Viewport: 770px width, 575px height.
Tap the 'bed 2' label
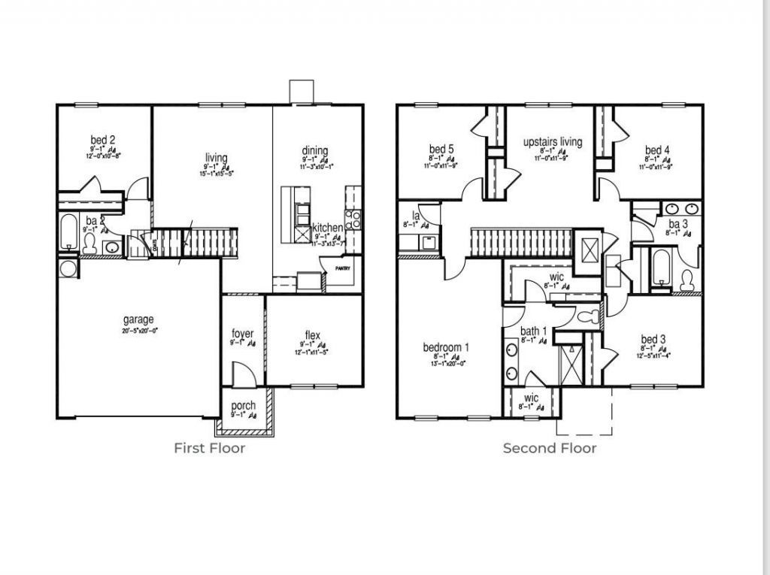pos(103,140)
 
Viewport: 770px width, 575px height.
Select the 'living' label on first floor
pos(216,158)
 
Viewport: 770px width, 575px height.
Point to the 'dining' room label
pos(315,151)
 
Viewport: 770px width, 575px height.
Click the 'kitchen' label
pos(328,228)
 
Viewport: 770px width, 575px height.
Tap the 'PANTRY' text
pos(343,267)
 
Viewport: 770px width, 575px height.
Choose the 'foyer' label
pos(242,334)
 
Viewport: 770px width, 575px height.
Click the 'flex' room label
pos(313,334)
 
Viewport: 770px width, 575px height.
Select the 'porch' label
pos(243,406)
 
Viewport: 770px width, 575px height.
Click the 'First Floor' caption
pos(209,448)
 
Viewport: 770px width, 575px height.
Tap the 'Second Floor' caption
pos(550,448)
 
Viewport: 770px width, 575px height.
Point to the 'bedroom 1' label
pos(446,347)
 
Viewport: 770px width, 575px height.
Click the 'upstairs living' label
pos(552,142)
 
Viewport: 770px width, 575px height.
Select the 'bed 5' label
pos(441,149)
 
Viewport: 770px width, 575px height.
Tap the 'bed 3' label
pos(653,339)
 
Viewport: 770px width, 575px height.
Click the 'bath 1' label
pos(534,331)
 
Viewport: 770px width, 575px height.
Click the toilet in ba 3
pos(687,280)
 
